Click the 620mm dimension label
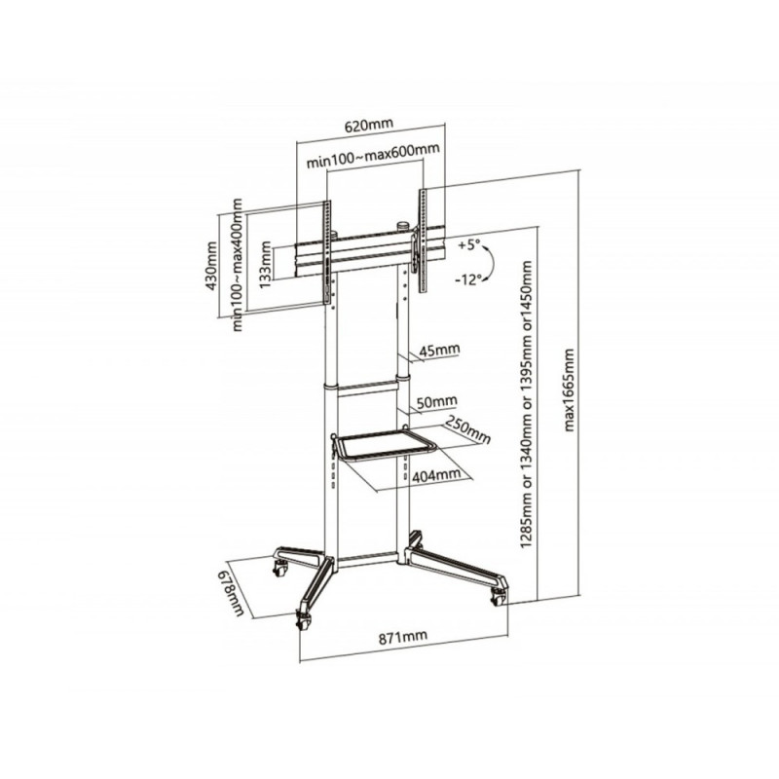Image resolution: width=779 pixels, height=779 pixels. [x=369, y=126]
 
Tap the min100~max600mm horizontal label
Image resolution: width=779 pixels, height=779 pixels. [x=373, y=156]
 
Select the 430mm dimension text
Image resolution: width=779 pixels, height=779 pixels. [x=210, y=266]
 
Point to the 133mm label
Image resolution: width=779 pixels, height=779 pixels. [x=265, y=264]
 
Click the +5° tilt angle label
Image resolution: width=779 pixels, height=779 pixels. [x=469, y=244]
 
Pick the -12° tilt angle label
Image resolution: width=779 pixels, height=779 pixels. [x=468, y=279]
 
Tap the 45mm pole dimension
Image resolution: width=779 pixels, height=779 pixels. [x=440, y=351]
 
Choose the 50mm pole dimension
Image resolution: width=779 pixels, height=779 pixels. [x=436, y=401]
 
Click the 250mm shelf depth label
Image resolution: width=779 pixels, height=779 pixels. [x=467, y=429]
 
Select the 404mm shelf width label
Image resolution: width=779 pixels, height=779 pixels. [x=436, y=475]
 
